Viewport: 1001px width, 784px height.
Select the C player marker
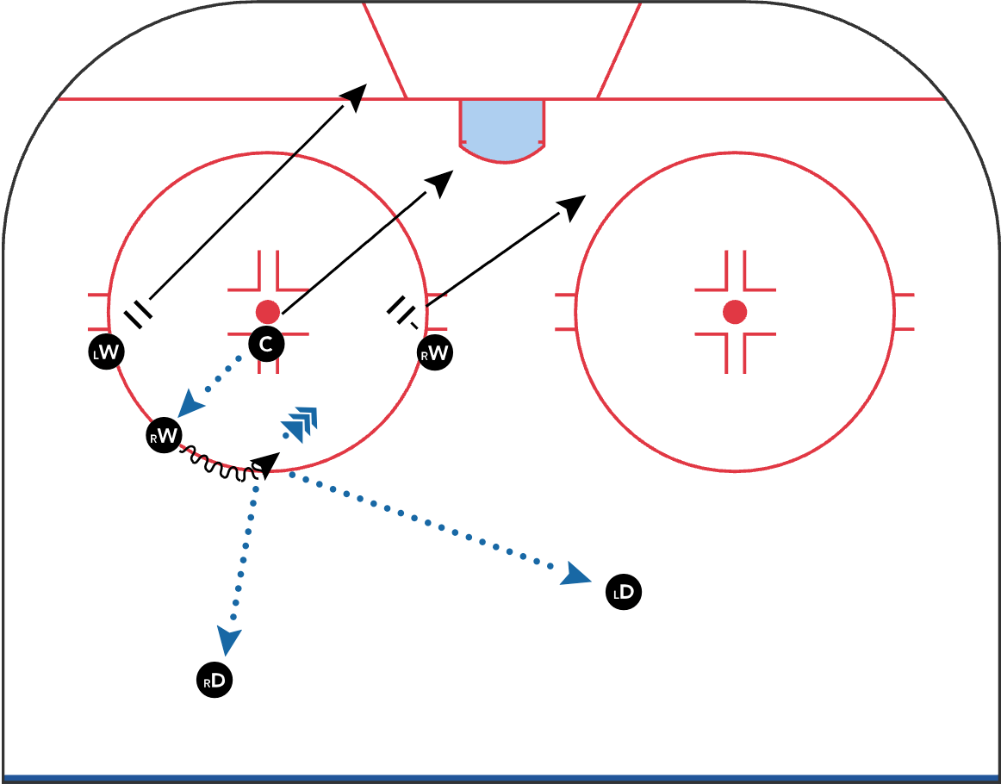(266, 345)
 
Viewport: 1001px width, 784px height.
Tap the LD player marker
(624, 593)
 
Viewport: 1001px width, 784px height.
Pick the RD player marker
(214, 681)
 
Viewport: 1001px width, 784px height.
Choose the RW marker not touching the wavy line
(435, 352)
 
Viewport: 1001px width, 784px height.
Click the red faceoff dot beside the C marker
(268, 311)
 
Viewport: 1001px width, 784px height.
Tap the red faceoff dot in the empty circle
(735, 312)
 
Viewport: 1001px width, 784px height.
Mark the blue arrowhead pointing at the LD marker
(575, 575)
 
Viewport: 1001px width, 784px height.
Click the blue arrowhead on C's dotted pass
(191, 401)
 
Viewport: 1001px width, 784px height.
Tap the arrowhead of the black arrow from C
(442, 181)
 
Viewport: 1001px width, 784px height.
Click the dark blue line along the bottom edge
(501, 778)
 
